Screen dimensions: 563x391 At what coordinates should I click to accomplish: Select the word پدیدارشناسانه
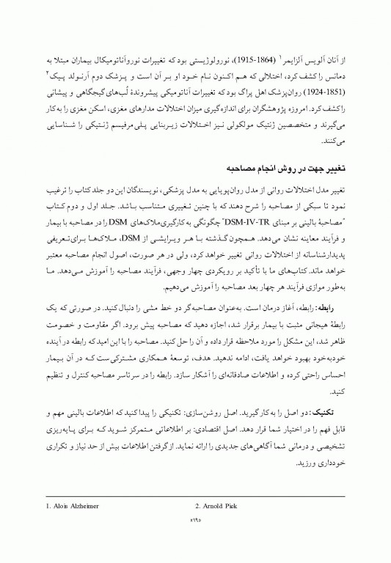point(315,235)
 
